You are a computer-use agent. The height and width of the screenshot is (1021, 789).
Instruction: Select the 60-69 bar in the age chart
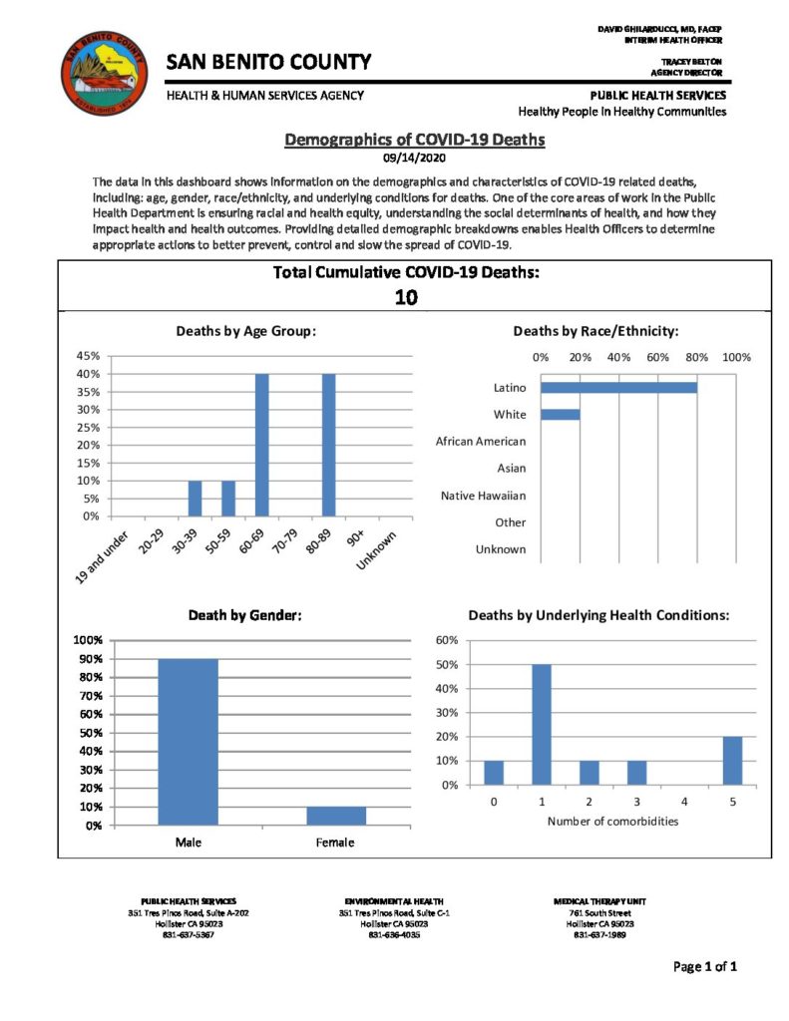(261, 445)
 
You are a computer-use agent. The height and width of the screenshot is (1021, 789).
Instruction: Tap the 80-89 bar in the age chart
(328, 445)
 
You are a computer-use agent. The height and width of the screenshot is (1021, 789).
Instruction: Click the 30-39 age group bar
(195, 498)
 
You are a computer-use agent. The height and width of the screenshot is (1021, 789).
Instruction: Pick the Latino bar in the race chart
(618, 387)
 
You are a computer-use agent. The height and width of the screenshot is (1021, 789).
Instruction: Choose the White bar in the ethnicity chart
(560, 414)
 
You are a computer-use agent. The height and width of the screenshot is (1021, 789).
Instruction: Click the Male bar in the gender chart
(188, 742)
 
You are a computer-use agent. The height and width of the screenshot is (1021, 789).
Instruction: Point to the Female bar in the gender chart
(336, 816)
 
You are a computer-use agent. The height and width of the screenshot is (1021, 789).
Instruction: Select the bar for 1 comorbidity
(542, 724)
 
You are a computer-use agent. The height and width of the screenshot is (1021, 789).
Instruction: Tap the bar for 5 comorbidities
(732, 760)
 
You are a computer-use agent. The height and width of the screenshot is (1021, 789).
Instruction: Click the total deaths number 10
(406, 297)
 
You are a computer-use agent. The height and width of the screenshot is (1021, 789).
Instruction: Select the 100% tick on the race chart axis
(736, 357)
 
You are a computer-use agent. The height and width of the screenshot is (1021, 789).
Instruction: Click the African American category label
(481, 441)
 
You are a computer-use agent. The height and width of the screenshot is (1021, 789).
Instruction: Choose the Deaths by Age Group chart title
(245, 330)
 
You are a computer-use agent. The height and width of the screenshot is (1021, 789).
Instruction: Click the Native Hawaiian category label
(484, 496)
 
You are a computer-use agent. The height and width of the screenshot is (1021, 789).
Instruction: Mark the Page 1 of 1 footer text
(705, 966)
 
